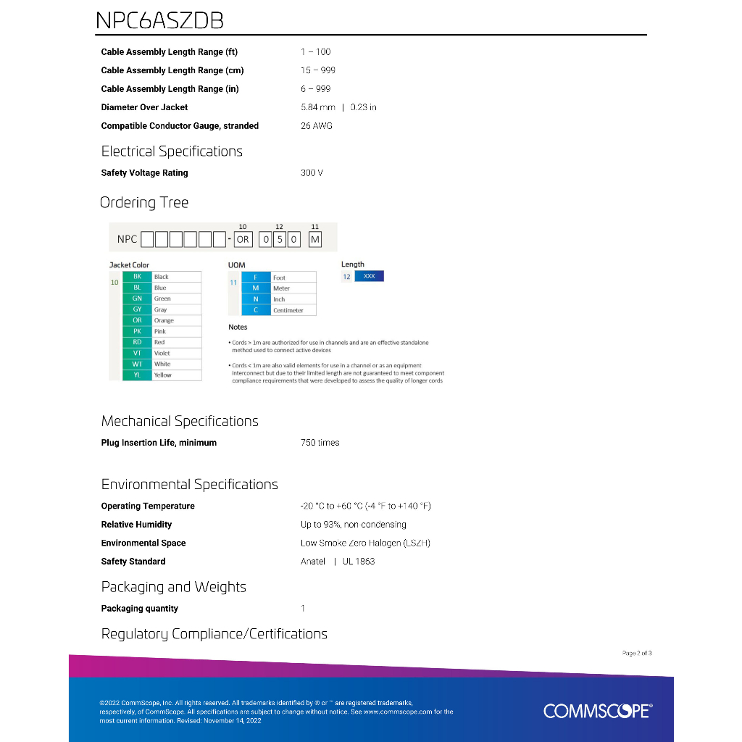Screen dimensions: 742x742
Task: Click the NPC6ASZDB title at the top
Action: coord(159,20)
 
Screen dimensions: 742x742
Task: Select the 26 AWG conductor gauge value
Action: coord(316,126)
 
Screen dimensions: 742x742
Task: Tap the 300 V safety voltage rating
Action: coord(312,173)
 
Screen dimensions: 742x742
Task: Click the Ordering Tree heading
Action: coord(144,203)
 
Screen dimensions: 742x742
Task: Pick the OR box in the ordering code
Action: coord(243,239)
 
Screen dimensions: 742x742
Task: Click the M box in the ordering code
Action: coord(314,239)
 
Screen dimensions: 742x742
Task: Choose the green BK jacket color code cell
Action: coord(137,277)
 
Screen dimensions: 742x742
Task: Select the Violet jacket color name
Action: coord(162,354)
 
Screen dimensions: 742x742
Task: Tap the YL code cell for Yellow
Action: coord(137,375)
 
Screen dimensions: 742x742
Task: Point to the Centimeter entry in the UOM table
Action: coord(288,311)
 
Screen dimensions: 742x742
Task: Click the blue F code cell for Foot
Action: coord(256,278)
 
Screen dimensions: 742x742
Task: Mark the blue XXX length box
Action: coord(369,277)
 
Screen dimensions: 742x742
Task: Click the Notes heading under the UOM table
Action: coord(238,328)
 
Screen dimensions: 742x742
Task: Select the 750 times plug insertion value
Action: coord(320,443)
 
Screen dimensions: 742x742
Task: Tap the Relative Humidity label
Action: coord(136,525)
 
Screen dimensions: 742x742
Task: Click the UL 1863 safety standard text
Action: coord(359,562)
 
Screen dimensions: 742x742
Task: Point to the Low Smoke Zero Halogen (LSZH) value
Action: coord(365,543)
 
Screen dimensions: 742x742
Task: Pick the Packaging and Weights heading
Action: coord(173,587)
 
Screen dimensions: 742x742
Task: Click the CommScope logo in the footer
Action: coord(597,711)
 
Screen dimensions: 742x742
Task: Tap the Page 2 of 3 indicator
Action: coord(637,654)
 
